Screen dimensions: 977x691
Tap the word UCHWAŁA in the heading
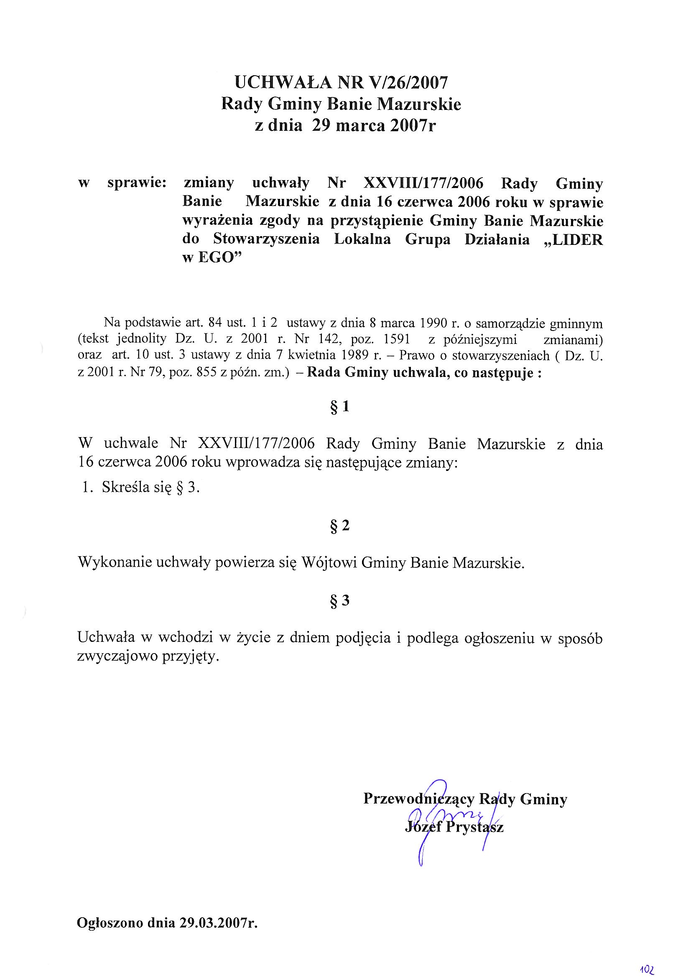282,82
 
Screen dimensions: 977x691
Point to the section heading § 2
339,526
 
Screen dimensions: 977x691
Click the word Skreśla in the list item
126,488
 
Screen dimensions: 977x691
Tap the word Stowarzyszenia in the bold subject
266,239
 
